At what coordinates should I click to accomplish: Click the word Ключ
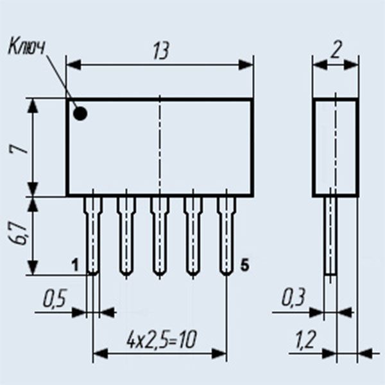coord(28,46)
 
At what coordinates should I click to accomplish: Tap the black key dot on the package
coord(80,114)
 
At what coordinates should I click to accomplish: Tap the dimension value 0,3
coord(294,298)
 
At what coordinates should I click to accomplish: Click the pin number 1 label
coord(75,264)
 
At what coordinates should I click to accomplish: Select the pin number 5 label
coord(244,264)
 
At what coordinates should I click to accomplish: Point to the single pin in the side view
coord(330,235)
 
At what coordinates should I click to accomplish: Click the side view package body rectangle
coord(335,148)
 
